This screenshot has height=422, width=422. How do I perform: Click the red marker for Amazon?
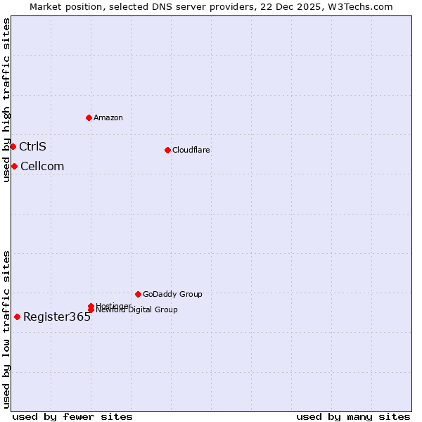[x=89, y=117]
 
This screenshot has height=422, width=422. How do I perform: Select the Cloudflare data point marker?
[x=167, y=150]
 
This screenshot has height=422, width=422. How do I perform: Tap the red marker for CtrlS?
[x=13, y=146]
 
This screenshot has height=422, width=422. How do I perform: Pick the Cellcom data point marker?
[x=14, y=166]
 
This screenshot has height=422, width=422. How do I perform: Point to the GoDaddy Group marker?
[x=138, y=294]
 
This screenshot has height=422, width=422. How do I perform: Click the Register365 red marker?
[x=17, y=316]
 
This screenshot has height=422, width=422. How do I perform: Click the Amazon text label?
[x=108, y=117]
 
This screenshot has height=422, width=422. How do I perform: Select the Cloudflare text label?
[x=191, y=150]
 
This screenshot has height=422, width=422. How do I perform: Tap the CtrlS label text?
[x=32, y=146]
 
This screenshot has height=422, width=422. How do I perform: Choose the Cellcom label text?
[x=42, y=166]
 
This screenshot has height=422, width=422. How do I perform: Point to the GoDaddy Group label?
[x=172, y=294]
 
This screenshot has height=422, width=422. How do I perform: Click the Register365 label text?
[x=57, y=316]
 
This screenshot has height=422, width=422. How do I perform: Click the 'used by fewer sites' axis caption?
[x=72, y=416]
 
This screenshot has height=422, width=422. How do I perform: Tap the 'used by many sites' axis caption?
[x=353, y=416]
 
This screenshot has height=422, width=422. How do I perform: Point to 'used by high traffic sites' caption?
[x=6, y=100]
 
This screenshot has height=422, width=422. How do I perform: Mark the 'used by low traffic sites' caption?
[x=6, y=328]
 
